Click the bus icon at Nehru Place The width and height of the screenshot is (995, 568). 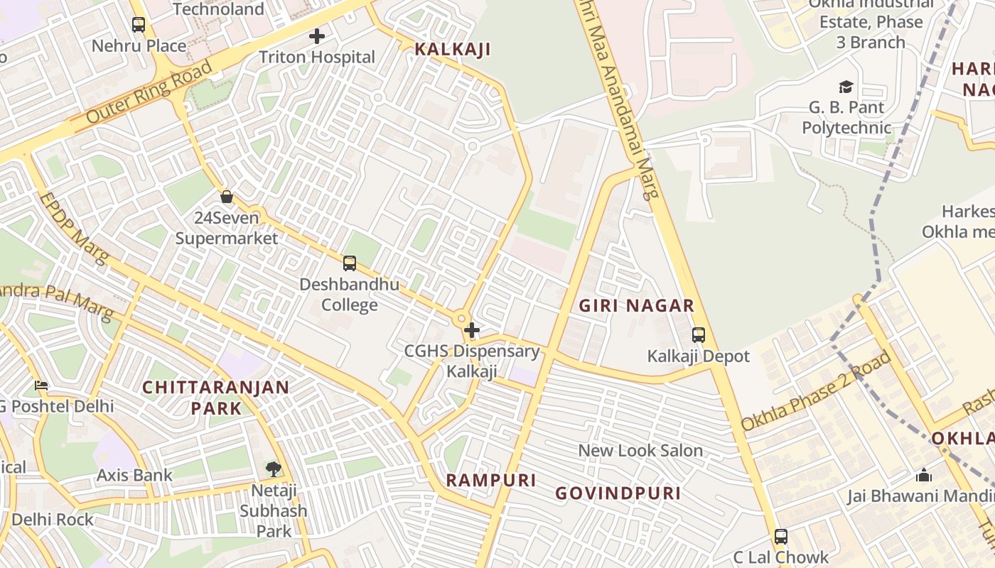[139, 25]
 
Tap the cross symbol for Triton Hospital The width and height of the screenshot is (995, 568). [317, 35]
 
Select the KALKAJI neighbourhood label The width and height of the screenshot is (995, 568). [453, 49]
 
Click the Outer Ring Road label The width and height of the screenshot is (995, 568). [149, 92]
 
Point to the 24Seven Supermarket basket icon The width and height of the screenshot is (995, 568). [227, 197]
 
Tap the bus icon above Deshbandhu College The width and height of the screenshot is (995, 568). [349, 263]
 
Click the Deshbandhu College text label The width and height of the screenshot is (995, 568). [349, 295]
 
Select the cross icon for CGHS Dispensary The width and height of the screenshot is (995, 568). [471, 330]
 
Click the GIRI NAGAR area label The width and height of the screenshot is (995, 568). [636, 306]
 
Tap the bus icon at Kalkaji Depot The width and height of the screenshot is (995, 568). [699, 335]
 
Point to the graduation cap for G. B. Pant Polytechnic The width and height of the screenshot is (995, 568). [846, 87]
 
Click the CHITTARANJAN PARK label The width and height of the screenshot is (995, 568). [215, 398]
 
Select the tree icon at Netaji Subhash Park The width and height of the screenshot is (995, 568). [274, 469]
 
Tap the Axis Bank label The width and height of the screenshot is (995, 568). [134, 475]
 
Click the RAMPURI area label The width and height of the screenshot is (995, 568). [491, 480]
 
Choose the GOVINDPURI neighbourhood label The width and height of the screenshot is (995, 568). [618, 493]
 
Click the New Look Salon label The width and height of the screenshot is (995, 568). [640, 450]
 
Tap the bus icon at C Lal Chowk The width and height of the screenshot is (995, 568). [781, 537]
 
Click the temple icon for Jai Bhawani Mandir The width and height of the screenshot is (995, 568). [923, 475]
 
